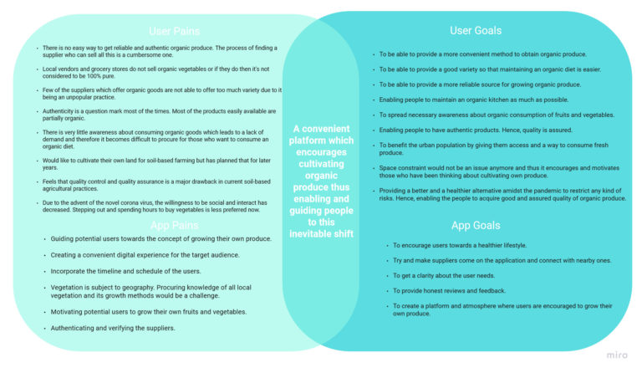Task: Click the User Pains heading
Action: tap(174, 32)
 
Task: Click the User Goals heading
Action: tap(476, 31)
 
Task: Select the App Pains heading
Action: tap(174, 226)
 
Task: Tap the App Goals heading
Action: tap(476, 226)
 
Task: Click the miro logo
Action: tap(617, 355)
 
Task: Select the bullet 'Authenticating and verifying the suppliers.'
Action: tap(113, 327)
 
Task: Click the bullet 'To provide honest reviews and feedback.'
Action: tap(449, 290)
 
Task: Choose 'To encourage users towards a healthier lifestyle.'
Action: tap(461, 245)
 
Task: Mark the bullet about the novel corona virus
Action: tap(154, 206)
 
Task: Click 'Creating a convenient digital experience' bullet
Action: tap(145, 254)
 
